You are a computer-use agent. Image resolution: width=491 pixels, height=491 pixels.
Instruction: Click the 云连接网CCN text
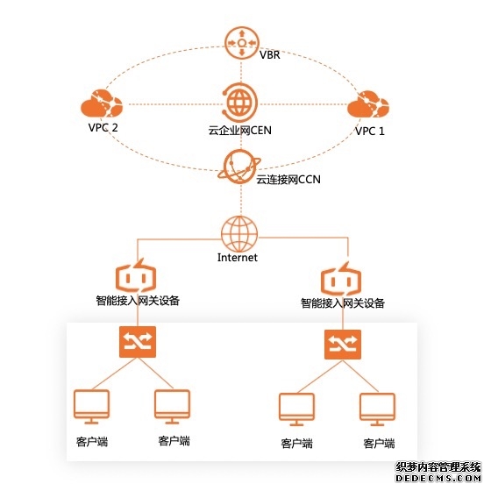[x=288, y=180]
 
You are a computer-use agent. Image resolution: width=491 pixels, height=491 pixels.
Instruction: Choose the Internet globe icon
[x=238, y=232]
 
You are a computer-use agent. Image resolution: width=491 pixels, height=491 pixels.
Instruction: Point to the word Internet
[x=238, y=258]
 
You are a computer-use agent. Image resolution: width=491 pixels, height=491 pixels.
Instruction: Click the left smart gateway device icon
[x=136, y=275]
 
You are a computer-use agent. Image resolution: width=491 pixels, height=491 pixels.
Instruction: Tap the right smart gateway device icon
[x=341, y=279]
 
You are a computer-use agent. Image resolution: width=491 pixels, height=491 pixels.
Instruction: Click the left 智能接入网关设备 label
[x=137, y=301]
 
